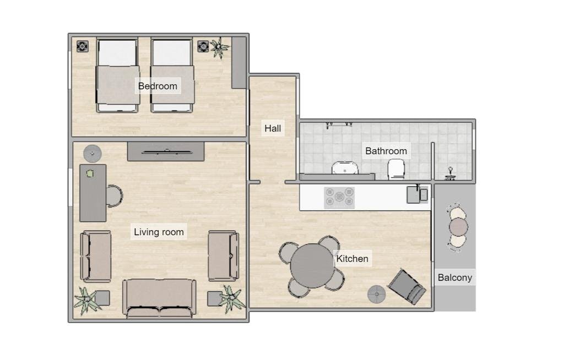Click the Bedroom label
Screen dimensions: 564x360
tap(158, 86)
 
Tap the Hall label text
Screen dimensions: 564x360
tap(273, 128)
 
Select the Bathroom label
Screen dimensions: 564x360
tap(386, 151)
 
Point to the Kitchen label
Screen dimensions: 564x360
tap(352, 259)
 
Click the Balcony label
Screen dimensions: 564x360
tap(454, 277)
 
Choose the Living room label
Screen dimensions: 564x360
tap(159, 232)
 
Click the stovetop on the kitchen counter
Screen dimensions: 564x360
tap(339, 198)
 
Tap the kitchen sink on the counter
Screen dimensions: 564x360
tap(417, 194)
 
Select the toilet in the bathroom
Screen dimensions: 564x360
tap(396, 170)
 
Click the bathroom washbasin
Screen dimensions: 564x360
tap(345, 168)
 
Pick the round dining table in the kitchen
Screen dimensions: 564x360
tap(312, 266)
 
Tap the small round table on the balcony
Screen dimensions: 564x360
tap(458, 227)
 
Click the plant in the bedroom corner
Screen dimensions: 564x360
tap(219, 47)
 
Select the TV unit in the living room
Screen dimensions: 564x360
tap(166, 151)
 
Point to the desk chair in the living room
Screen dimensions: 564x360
tap(115, 197)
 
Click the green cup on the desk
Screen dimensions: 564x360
tap(90, 174)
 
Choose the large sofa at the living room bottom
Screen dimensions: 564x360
tap(159, 298)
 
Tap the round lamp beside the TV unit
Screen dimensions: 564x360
tap(93, 154)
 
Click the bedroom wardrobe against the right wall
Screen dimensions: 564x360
tap(238, 63)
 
